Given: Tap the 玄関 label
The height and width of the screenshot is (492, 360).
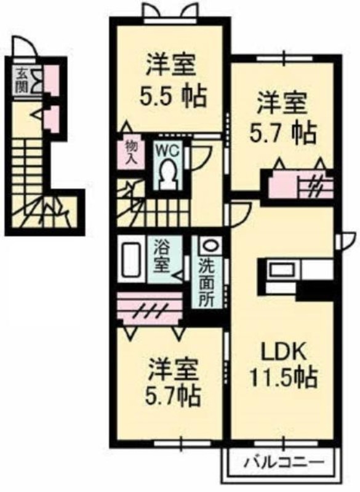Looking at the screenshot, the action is (22, 81).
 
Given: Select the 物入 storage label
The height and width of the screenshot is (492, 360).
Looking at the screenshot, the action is (131, 153).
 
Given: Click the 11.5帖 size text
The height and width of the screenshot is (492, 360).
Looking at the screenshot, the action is (284, 377).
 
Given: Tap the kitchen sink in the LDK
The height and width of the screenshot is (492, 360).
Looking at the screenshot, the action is (283, 270).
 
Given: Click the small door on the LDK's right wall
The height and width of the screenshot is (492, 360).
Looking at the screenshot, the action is (346, 241).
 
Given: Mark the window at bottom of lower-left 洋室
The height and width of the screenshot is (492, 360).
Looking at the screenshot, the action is (182, 444).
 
